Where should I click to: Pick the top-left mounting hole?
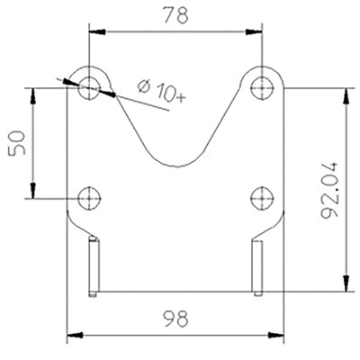[89, 87]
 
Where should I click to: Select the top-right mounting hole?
[262, 87]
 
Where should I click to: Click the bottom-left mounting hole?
[89, 198]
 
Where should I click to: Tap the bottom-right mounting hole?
[262, 198]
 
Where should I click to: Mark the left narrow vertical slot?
[92, 266]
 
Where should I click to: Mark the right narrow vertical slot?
[258, 266]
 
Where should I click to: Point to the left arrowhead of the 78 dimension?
[94, 30]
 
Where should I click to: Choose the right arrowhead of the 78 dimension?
[256, 30]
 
